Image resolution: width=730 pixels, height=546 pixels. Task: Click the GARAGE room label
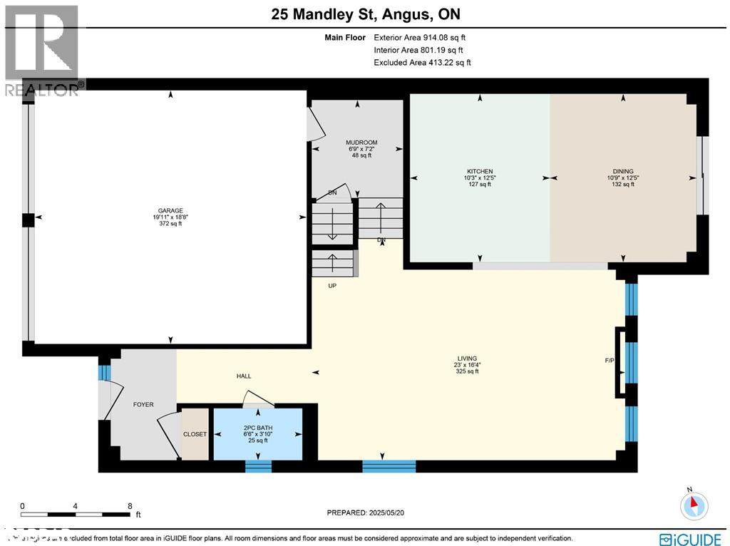pos(170,211)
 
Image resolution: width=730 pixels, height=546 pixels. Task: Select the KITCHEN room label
pos(480,172)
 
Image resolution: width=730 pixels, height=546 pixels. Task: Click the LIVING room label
pos(467,359)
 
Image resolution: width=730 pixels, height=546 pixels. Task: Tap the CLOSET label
pos(195,434)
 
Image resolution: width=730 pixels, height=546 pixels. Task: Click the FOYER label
pos(143,404)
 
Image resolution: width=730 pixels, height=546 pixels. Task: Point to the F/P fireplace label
pos(609,361)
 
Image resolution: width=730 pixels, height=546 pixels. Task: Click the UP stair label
pos(331,285)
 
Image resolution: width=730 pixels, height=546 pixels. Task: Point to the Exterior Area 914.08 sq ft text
pos(419,38)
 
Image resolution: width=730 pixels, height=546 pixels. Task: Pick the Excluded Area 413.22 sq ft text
pos(422,63)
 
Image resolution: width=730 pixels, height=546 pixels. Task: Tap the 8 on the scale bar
pos(130,505)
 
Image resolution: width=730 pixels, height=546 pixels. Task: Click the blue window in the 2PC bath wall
pos(258,466)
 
